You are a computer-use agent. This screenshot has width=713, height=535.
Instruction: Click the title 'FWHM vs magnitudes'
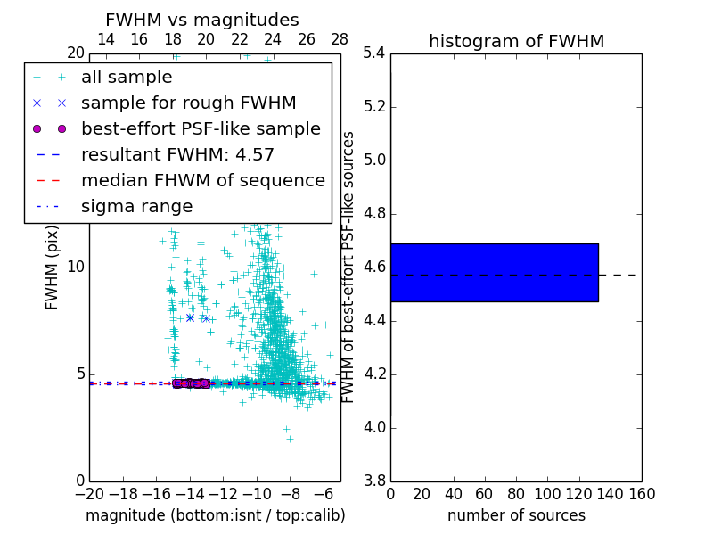tap(202, 20)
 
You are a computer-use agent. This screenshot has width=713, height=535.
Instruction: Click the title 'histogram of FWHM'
tap(516, 41)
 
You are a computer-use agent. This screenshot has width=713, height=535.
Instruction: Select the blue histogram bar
tap(494, 272)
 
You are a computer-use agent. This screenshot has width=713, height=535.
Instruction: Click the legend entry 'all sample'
tap(126, 77)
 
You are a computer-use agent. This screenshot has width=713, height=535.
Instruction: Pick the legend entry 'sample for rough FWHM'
tap(188, 103)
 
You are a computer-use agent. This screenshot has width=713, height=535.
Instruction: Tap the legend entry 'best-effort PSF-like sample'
tap(201, 128)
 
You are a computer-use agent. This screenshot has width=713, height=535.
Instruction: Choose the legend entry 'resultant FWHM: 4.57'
tap(177, 154)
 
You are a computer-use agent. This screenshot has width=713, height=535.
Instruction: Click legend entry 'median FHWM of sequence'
tap(202, 180)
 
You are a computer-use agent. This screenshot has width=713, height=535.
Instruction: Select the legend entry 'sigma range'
tap(136, 206)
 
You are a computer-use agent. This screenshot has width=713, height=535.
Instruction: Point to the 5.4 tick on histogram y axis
tap(374, 53)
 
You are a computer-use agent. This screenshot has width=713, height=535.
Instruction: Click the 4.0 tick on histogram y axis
tap(374, 427)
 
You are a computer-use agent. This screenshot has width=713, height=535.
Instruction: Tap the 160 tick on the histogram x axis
tap(642, 494)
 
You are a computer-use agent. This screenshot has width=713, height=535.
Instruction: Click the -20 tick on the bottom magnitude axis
tap(89, 494)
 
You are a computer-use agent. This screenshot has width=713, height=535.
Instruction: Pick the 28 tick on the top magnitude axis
tap(340, 39)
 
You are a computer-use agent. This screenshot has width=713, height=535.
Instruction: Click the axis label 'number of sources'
tap(516, 515)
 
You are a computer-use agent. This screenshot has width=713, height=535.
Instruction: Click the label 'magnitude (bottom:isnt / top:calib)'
tap(215, 515)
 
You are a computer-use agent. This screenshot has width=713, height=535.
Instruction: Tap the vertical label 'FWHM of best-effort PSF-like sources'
tap(349, 267)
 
